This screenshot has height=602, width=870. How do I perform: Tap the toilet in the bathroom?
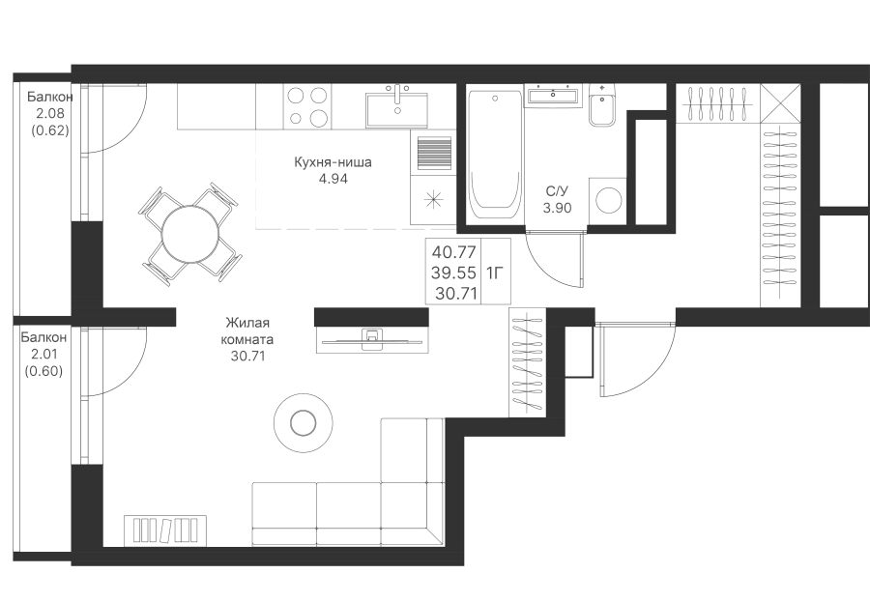[600, 108]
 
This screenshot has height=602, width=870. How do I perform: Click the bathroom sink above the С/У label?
[553, 95]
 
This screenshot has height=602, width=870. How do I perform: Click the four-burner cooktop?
[306, 105]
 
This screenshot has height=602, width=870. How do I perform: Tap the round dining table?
[189, 233]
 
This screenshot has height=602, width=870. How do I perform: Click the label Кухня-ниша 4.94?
[333, 170]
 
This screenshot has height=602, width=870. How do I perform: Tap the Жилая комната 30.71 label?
[248, 340]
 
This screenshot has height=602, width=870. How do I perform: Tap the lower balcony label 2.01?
[45, 354]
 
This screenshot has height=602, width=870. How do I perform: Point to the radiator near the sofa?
[165, 530]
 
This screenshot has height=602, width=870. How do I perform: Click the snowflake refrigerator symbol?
[432, 201]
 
